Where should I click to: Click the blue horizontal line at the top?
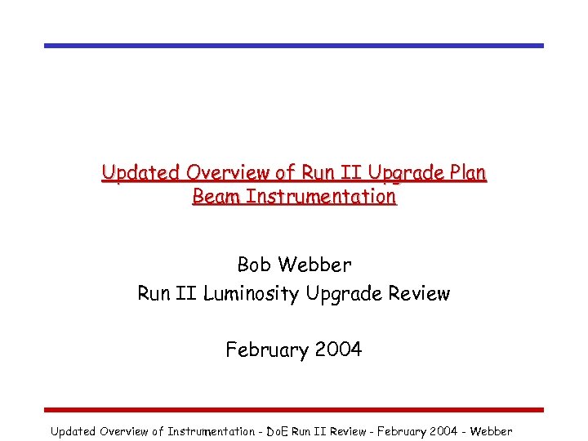294,46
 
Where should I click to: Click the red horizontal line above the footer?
294,409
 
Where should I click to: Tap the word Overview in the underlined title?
225,173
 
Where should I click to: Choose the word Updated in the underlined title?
140,173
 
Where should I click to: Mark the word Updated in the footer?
73,431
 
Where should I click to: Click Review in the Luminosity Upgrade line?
418,293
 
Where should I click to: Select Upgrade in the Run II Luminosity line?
342,293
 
